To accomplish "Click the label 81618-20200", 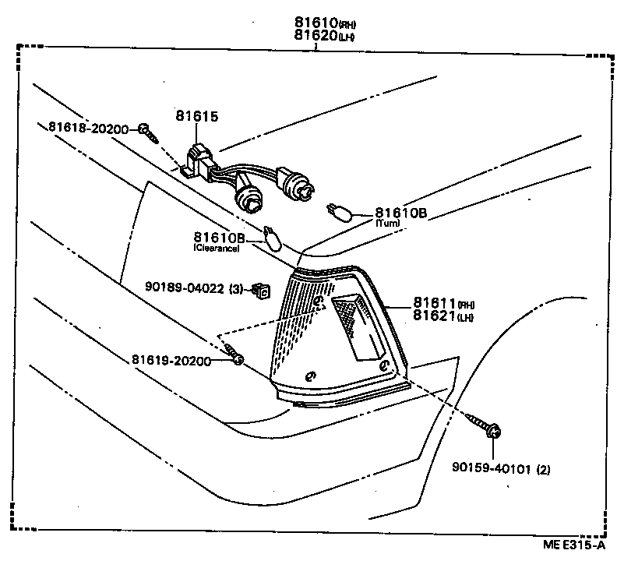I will click(x=88, y=128).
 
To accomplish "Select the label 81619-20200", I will click(x=171, y=361).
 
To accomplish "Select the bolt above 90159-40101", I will click(x=489, y=429).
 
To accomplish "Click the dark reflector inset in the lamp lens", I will click(x=355, y=324).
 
